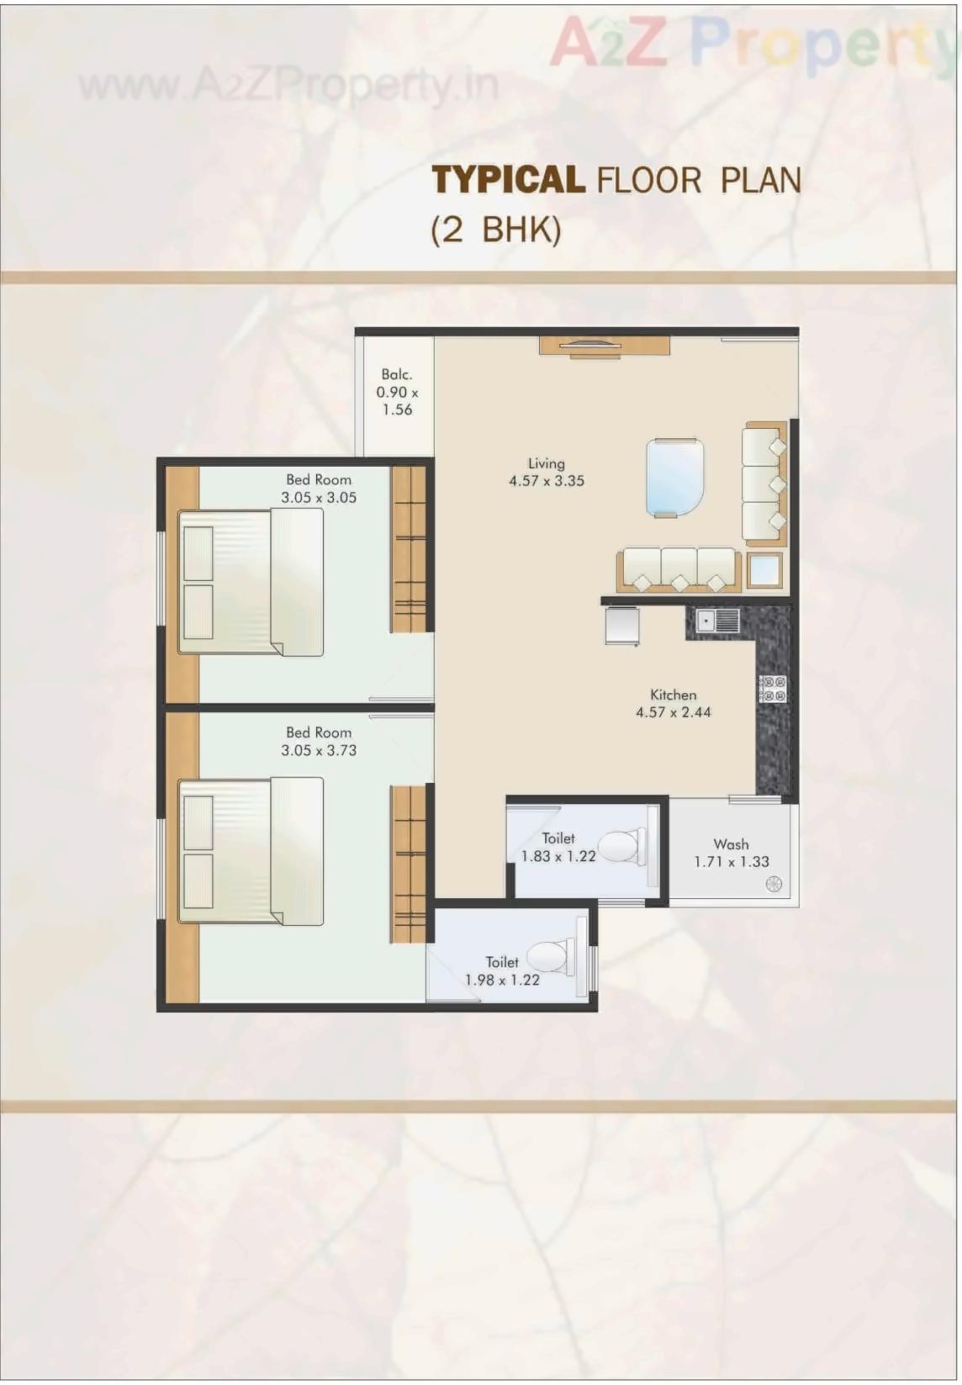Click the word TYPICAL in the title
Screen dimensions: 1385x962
(x=508, y=180)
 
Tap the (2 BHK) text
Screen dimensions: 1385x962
(x=495, y=230)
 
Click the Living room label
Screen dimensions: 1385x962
(x=546, y=463)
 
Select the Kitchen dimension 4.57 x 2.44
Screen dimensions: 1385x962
(x=673, y=712)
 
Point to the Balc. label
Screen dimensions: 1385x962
(x=397, y=374)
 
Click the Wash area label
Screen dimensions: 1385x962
(x=731, y=843)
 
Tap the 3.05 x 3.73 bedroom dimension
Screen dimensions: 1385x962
(x=319, y=750)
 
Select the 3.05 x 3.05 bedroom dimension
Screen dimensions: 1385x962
(x=319, y=498)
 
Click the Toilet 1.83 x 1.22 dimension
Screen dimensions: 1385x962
(x=558, y=856)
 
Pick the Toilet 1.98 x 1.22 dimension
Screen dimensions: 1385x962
(x=502, y=980)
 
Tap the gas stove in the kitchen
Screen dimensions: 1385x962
(x=773, y=689)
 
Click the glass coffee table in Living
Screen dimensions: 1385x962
(x=674, y=476)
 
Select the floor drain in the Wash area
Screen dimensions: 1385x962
(x=774, y=883)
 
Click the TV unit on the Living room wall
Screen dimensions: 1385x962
(x=604, y=345)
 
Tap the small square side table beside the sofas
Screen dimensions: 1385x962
(x=764, y=570)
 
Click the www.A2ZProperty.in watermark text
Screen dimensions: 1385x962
(x=288, y=84)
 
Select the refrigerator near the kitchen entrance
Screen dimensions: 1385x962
(x=621, y=626)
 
